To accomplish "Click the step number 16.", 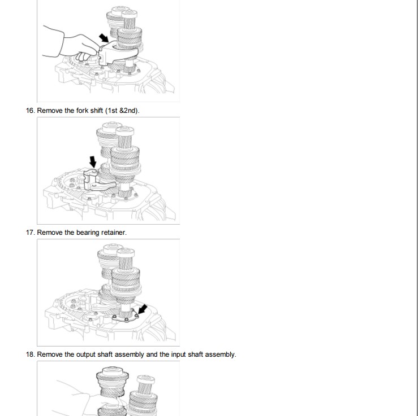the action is (30, 111).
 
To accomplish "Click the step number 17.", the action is (30, 233).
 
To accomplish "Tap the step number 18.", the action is (30, 354).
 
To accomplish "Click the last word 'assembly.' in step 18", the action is (222, 355).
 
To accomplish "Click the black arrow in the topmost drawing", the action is (104, 38).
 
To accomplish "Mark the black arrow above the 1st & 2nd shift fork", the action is (93, 162).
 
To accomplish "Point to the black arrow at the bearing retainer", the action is (143, 309).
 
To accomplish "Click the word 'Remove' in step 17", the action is (50, 233).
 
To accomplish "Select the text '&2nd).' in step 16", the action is (130, 111).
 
